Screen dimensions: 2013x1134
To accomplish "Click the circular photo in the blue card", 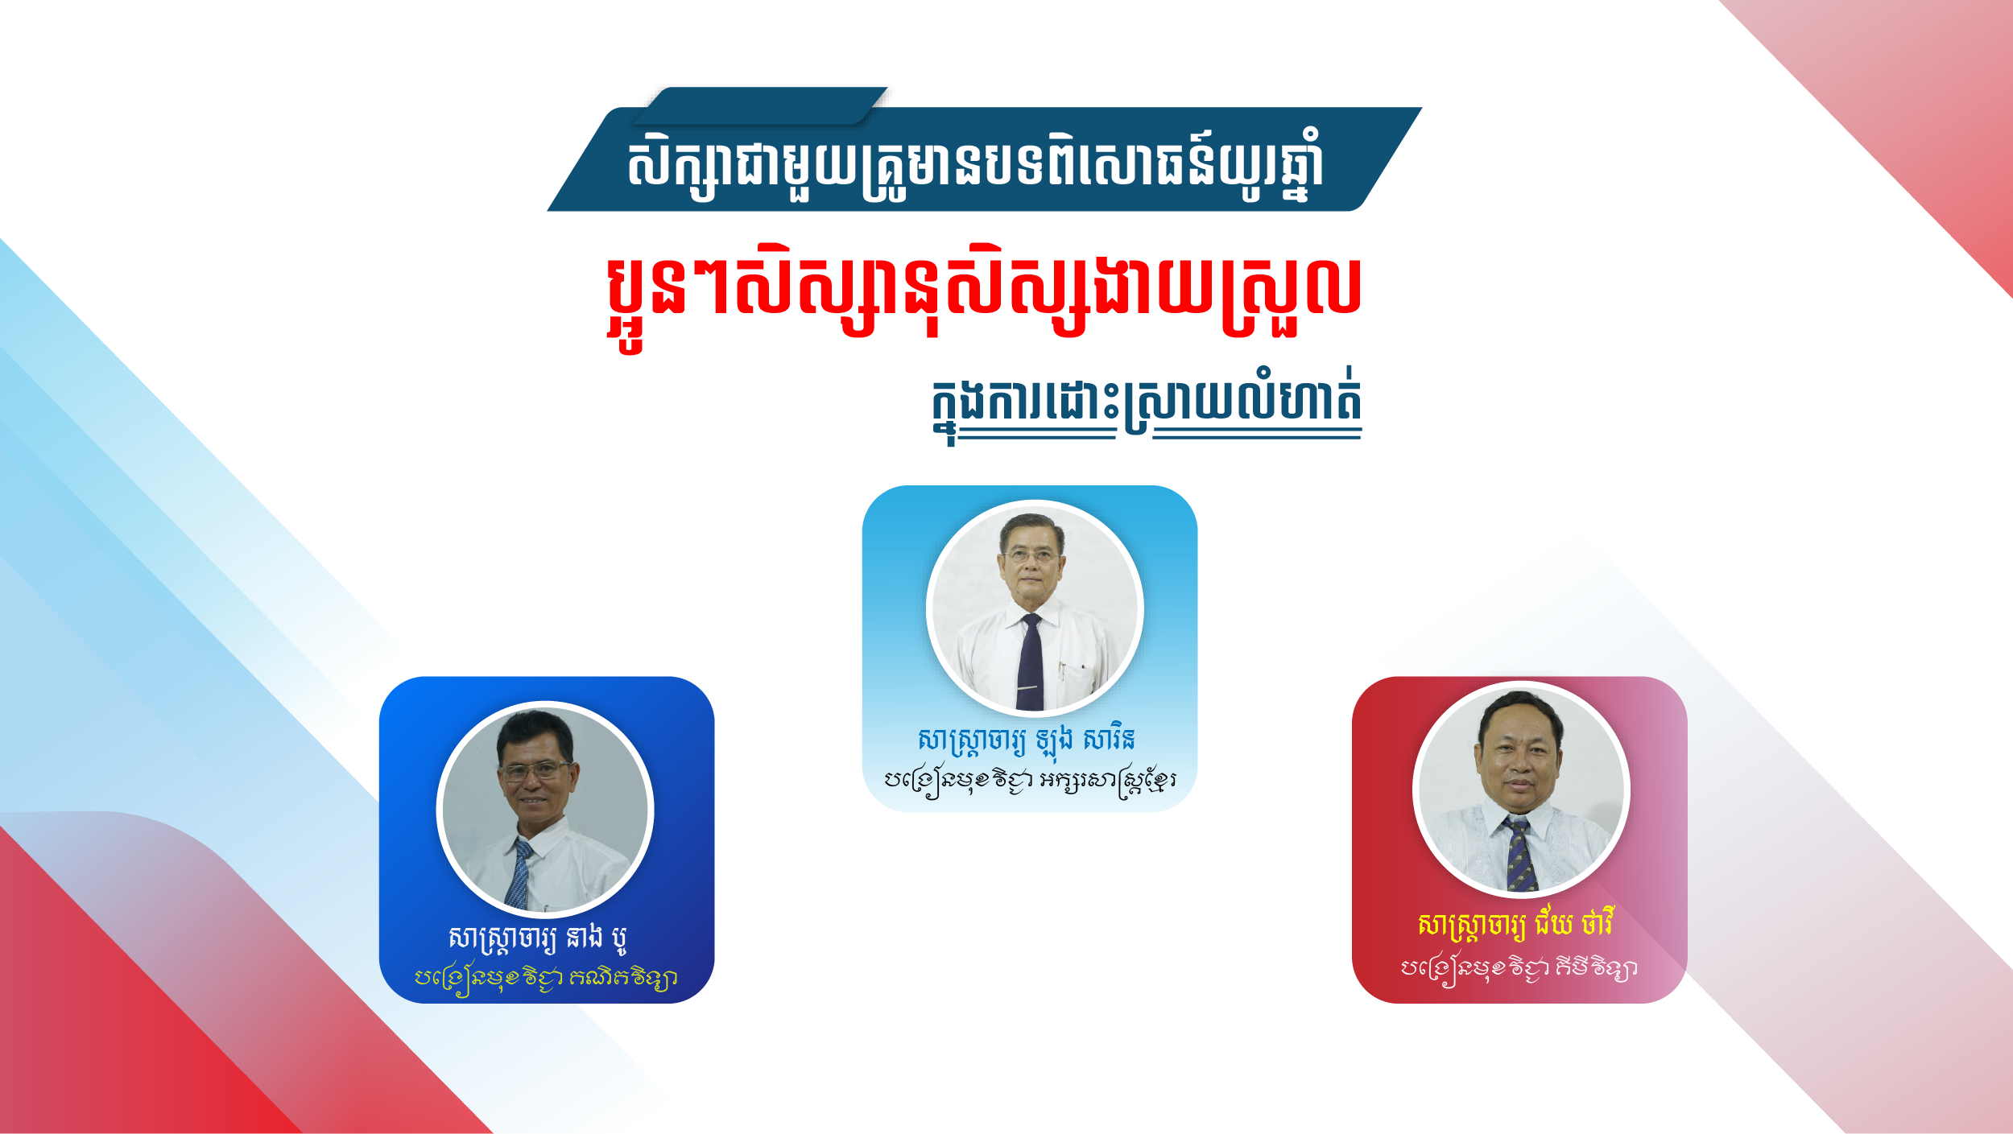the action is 545,810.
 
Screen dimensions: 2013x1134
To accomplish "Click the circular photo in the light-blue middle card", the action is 1035,608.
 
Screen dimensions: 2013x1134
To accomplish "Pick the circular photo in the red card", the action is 1521,790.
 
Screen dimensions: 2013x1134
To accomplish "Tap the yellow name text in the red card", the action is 1516,925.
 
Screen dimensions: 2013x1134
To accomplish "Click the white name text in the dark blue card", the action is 537,938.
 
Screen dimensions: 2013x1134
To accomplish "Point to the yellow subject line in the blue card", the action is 545,979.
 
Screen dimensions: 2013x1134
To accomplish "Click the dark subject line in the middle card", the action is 1030,781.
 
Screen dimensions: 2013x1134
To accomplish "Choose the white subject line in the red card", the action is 1519,968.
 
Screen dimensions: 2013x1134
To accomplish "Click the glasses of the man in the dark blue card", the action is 534,771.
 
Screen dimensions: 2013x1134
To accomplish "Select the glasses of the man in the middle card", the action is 1031,555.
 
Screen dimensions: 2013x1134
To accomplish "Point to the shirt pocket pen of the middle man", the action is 1062,670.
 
